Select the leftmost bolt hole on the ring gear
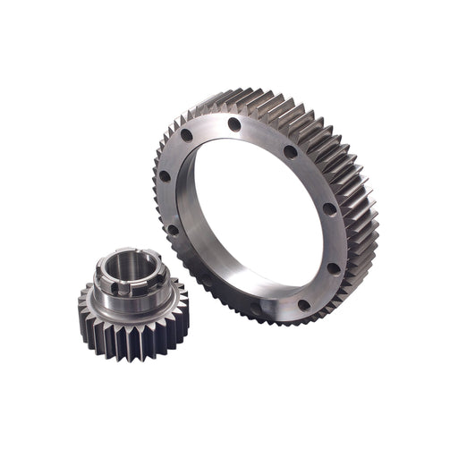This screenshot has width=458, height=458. pyautogui.click(x=165, y=175)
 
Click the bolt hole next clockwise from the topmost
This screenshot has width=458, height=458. pyautogui.click(x=290, y=152)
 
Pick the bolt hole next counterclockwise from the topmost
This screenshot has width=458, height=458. pyautogui.click(x=187, y=136)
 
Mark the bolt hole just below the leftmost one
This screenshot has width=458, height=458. pyautogui.click(x=173, y=229)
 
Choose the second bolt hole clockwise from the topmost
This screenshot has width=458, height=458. pyautogui.click(x=329, y=208)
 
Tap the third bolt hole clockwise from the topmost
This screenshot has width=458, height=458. pyautogui.click(x=333, y=267)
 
